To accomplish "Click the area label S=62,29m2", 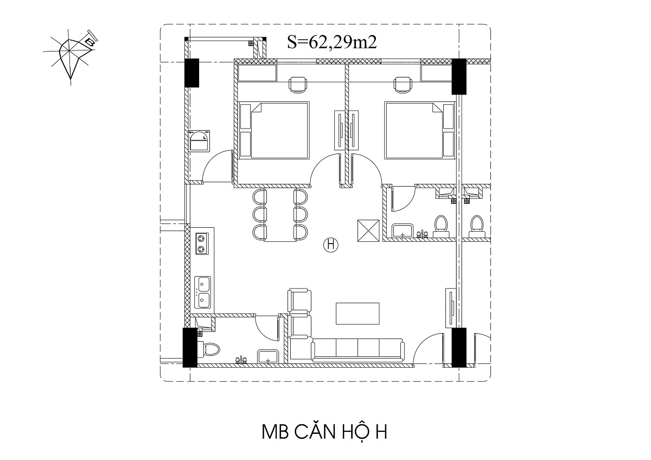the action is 332,42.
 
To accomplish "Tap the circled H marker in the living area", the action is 331,245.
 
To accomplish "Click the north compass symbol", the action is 71,56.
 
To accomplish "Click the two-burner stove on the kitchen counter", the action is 201,244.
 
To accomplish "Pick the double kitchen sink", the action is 202,292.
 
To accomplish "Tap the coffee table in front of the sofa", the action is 358,314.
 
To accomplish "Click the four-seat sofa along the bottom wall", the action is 358,350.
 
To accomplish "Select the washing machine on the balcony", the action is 199,140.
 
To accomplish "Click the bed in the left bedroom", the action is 273,130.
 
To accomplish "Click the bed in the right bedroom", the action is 420,130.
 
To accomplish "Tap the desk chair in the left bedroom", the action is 298,84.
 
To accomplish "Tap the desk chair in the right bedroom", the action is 403,84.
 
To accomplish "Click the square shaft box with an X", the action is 368,231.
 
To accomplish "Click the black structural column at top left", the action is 192,73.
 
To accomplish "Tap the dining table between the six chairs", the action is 280,215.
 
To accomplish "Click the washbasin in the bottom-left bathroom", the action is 267,356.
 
